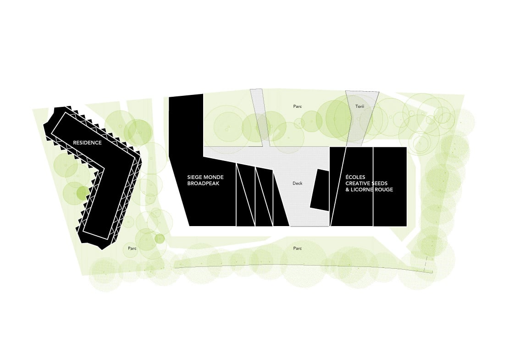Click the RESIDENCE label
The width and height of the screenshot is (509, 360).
point(87,143)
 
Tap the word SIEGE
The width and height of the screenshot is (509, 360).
point(194,177)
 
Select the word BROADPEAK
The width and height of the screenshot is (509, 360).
point(203,183)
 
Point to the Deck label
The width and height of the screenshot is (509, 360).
point(297,183)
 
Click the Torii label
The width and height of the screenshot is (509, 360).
point(360,106)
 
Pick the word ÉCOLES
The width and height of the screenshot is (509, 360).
point(355,177)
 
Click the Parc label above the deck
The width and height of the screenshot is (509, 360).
point(297,106)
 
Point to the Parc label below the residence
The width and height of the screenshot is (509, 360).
point(132,249)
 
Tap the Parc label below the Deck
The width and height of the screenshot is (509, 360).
point(297,249)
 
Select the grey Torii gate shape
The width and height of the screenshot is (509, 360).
point(360,117)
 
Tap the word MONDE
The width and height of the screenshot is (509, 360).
point(214,177)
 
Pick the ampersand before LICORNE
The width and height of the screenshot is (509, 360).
point(347,189)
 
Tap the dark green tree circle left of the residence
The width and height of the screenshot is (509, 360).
point(82,193)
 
